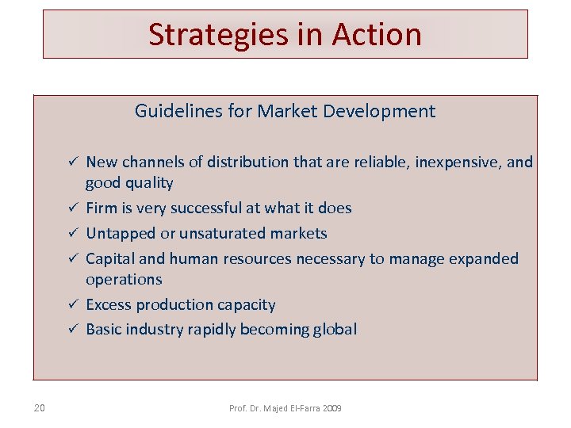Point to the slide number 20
(40, 408)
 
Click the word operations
(124, 280)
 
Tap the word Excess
(109, 305)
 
